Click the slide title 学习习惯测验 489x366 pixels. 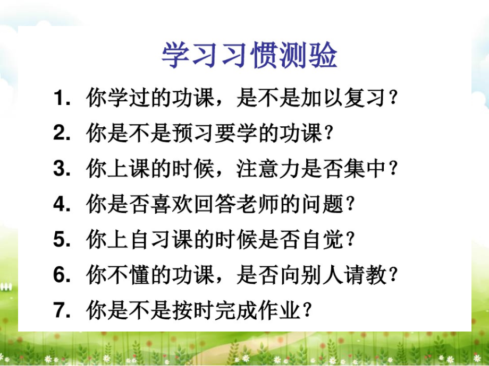(x=249, y=55)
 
